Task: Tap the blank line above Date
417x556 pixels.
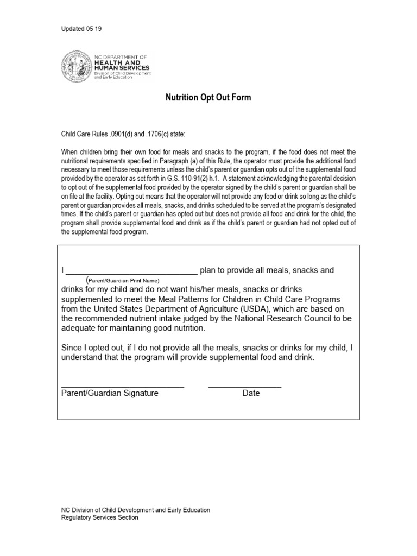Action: pyautogui.click(x=244, y=386)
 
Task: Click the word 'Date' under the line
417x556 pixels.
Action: pyautogui.click(x=251, y=393)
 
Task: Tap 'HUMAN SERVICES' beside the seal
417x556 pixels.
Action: pyautogui.click(x=125, y=68)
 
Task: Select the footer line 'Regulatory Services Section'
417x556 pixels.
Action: pyautogui.click(x=99, y=517)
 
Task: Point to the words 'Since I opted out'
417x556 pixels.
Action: pyautogui.click(x=92, y=348)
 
